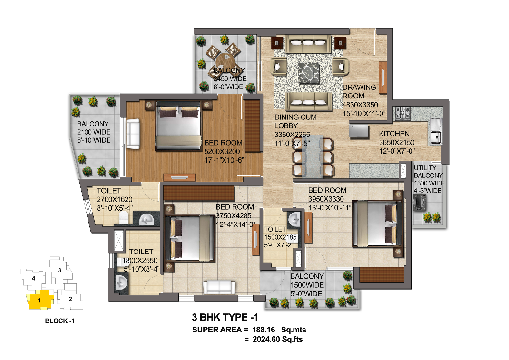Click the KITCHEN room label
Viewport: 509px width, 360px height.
click(394, 134)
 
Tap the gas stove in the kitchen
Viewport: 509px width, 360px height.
click(402, 113)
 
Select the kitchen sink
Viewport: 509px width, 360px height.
click(435, 131)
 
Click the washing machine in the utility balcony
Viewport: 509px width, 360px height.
click(419, 202)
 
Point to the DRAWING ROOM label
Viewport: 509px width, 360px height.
click(359, 91)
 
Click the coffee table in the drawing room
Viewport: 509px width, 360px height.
click(308, 73)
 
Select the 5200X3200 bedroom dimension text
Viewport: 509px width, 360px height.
click(222, 152)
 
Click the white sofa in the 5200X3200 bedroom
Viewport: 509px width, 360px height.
click(133, 134)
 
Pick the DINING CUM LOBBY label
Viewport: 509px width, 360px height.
click(295, 121)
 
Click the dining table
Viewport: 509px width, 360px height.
click(313, 156)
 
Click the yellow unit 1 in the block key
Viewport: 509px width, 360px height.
click(39, 300)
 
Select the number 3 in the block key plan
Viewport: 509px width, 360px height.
click(59, 270)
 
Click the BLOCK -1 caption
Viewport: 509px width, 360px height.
click(60, 321)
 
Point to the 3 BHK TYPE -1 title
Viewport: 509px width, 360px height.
click(225, 317)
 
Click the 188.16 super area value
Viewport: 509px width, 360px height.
click(264, 330)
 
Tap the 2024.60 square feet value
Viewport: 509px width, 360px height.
click(266, 340)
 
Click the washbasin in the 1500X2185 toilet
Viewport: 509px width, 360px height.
click(295, 219)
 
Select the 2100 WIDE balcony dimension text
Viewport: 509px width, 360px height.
click(94, 132)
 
